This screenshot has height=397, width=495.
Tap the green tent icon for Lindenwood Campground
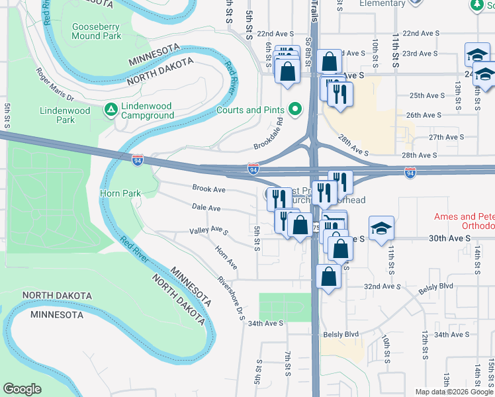click(112, 107)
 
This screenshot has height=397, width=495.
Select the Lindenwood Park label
click(66, 115)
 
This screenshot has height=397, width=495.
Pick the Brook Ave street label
click(208, 189)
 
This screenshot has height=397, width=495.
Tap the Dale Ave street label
click(206, 208)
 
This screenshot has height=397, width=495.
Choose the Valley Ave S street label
click(208, 231)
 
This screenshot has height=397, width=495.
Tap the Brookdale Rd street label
click(269, 134)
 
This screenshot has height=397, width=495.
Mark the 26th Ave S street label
click(424, 115)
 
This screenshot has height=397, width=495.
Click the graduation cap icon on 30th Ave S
click(381, 228)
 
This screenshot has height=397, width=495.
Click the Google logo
click(22, 389)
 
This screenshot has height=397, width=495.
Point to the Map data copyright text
click(454, 392)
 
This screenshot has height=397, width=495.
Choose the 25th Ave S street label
click(427, 95)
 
